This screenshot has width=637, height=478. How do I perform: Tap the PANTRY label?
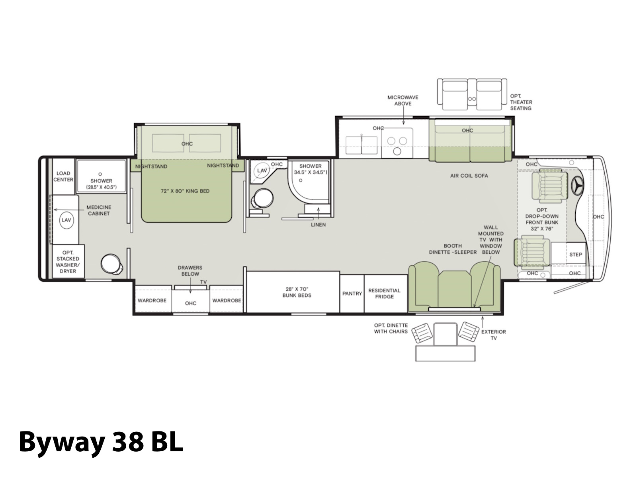coord(352,294)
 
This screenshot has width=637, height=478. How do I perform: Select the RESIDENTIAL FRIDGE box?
coord(386,294)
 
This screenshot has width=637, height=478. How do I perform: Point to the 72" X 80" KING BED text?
coord(185,191)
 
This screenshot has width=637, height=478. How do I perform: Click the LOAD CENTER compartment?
coord(64,176)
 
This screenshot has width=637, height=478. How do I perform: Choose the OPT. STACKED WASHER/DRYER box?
coord(68,261)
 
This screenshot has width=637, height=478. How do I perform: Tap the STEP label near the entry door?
coord(576,255)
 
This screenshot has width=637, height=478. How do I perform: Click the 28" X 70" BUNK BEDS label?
coord(297,292)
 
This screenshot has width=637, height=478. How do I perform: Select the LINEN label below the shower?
coord(318,225)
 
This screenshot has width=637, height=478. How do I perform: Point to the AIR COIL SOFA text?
coord(469,176)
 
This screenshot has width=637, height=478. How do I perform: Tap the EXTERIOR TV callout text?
coord(494,335)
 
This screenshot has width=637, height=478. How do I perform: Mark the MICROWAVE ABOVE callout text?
coord(403,100)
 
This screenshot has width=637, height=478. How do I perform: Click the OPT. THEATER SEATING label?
coord(521,102)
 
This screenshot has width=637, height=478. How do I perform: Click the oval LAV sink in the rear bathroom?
coord(66,220)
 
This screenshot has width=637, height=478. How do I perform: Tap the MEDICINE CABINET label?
coord(99,210)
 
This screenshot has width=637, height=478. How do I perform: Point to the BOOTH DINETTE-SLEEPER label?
coord(453,249)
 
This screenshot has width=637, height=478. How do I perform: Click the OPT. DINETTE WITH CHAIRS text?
coord(391,328)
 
